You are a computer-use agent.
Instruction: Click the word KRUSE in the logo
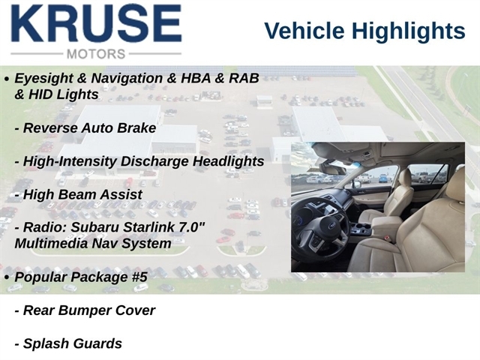coord(97,23)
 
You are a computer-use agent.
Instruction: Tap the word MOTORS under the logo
coord(96,54)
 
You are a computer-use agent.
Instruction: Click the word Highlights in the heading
coord(408,31)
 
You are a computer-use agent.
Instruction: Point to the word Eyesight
coord(43,79)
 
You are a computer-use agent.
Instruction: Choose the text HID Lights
coord(63,94)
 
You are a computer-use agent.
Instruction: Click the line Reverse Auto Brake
coord(85,128)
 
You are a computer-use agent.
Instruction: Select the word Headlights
coord(228,161)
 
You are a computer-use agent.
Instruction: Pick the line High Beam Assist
coord(78,195)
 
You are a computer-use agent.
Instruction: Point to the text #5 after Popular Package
coord(140,277)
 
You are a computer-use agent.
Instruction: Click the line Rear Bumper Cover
coord(85,310)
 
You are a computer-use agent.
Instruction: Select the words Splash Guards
coord(68,343)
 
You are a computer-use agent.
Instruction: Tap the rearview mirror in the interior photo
coord(332,169)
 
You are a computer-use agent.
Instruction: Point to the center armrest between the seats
coord(386,222)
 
